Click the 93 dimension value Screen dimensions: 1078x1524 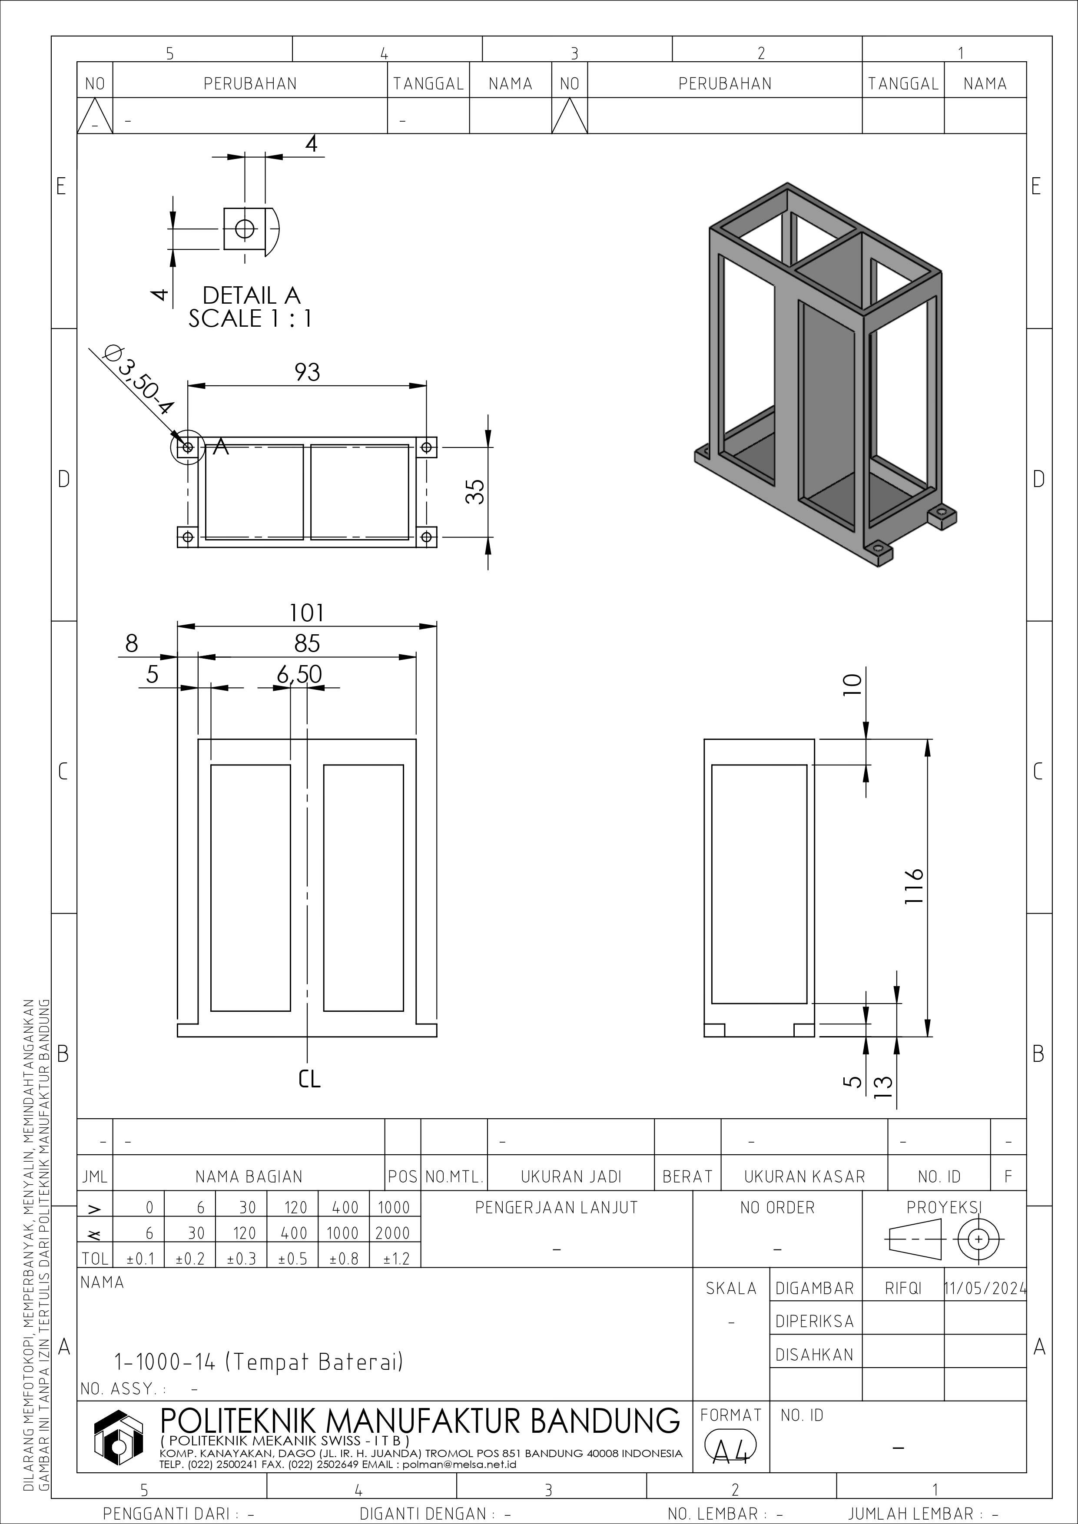pyautogui.click(x=307, y=372)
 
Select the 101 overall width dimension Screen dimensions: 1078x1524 pyautogui.click(x=307, y=613)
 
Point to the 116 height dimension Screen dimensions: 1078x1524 pyautogui.click(x=915, y=885)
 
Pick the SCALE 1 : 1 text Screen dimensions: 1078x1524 pyautogui.click(x=250, y=318)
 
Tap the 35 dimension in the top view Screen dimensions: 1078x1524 pyautogui.click(x=475, y=492)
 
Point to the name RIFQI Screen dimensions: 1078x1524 pyautogui.click(x=903, y=1289)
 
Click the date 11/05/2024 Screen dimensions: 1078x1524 pyautogui.click(x=985, y=1289)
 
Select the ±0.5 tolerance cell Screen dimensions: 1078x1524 pyautogui.click(x=293, y=1259)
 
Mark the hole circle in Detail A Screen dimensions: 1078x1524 pyautogui.click(x=245, y=229)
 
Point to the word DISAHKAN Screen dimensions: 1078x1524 pyautogui.click(x=814, y=1355)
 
